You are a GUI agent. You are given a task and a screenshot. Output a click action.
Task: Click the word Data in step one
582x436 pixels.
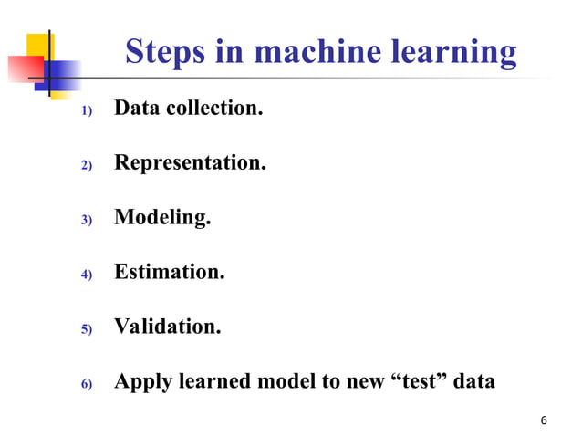(138, 109)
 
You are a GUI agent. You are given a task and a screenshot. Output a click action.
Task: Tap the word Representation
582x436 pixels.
(190, 164)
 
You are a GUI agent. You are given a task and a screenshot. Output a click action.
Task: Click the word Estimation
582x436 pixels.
(169, 272)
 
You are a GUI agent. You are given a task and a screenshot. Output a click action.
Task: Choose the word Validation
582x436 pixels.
(167, 326)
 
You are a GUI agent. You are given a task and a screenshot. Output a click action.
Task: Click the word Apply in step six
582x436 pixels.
(144, 381)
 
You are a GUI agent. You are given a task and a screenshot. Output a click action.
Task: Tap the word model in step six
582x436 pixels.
(282, 380)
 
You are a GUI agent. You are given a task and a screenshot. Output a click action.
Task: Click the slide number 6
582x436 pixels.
(544, 420)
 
